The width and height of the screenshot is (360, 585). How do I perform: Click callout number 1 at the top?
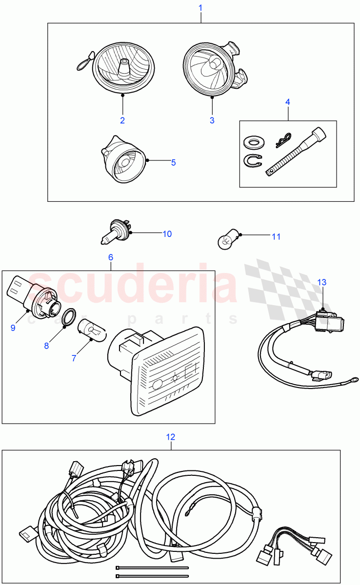tap(200, 8)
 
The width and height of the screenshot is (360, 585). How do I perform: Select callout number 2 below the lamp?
tap(122, 120)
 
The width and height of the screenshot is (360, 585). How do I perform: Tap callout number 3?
tap(212, 120)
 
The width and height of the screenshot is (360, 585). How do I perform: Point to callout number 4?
tap(288, 102)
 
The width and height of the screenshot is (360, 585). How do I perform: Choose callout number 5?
tap(173, 162)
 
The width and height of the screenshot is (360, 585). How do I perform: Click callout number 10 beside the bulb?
tap(167, 234)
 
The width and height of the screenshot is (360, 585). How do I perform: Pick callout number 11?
tap(276, 237)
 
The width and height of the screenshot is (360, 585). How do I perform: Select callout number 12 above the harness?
tap(170, 437)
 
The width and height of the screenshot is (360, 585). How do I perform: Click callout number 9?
tap(13, 328)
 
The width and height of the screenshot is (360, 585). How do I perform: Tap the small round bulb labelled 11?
tap(226, 239)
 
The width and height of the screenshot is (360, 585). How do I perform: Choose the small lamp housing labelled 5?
tap(124, 159)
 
